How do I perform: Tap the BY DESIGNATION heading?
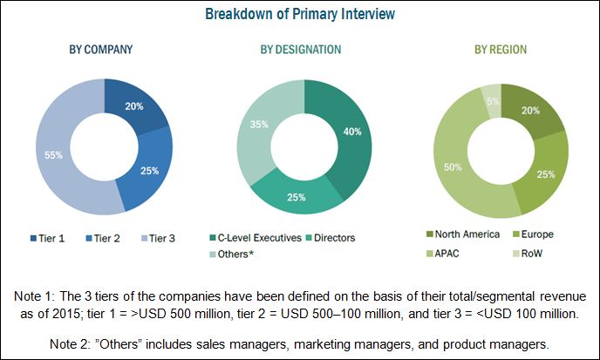coord(298,49)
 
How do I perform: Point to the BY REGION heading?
coord(501,49)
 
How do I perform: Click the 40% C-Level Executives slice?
coord(348,131)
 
